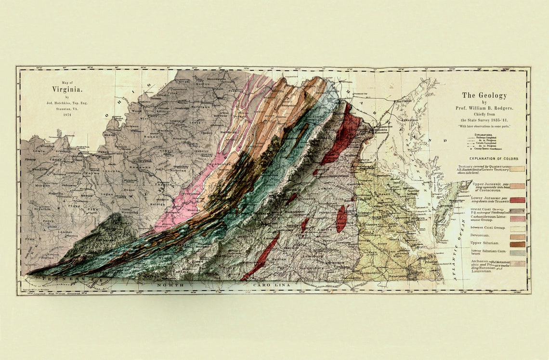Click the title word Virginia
click(x=67, y=89)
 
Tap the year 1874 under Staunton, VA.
click(x=67, y=115)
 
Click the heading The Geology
click(x=484, y=95)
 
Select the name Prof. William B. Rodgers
click(x=484, y=108)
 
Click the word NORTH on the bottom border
click(x=169, y=285)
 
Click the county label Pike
click(x=93, y=209)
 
